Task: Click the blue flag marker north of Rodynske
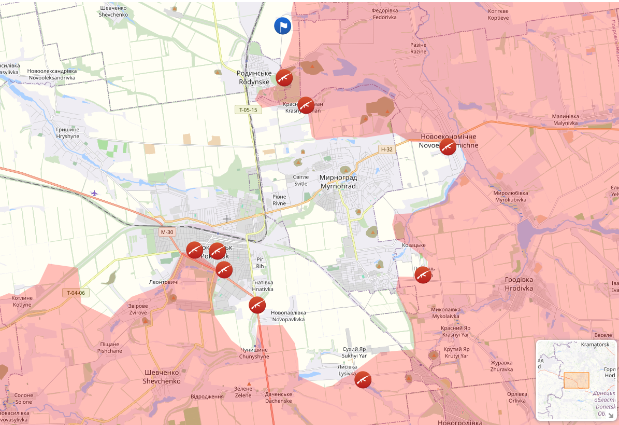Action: (x=282, y=26)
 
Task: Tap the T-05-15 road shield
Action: (x=249, y=109)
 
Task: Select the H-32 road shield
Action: (x=386, y=149)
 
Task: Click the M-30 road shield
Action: (x=167, y=232)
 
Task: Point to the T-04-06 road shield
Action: (x=76, y=293)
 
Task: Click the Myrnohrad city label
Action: (x=338, y=182)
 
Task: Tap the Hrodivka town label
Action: (x=519, y=283)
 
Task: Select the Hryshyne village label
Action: (x=68, y=133)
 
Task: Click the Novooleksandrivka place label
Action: (x=52, y=74)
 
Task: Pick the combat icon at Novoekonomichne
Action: (x=448, y=147)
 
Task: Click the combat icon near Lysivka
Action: (x=363, y=380)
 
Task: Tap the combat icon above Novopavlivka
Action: (x=257, y=305)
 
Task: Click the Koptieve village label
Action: (x=498, y=15)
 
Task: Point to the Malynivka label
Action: (x=565, y=120)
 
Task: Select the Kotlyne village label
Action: (x=22, y=301)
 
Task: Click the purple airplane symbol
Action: (x=94, y=193)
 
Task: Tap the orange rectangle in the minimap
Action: (x=576, y=380)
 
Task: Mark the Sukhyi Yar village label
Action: (x=354, y=352)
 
